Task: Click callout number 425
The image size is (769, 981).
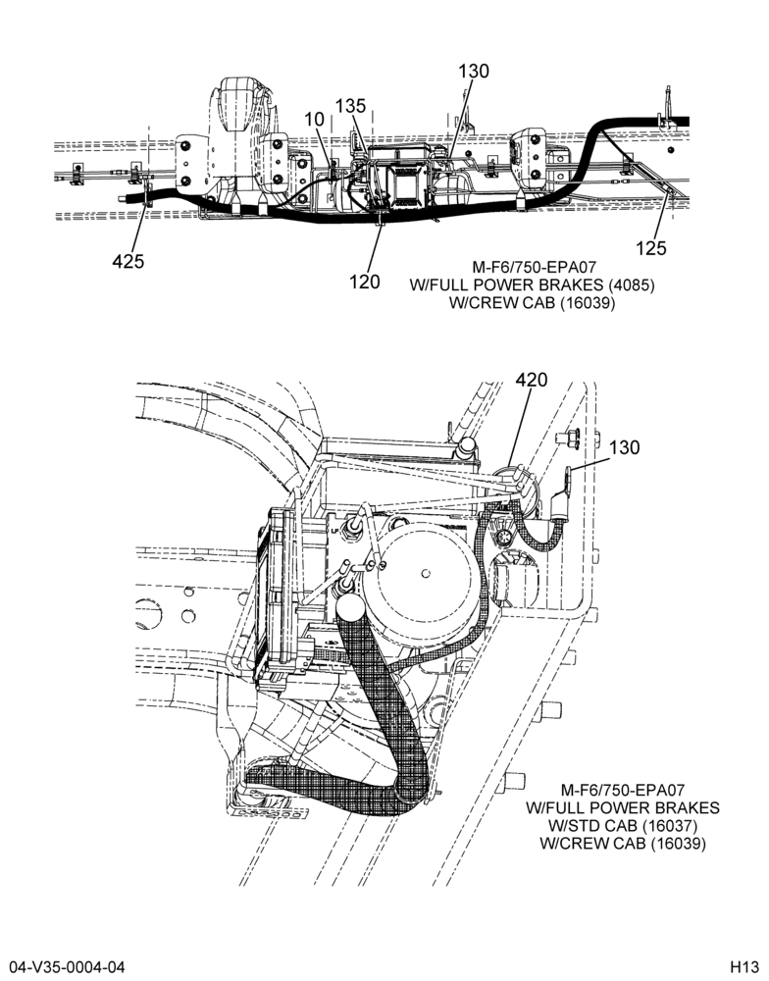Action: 128,260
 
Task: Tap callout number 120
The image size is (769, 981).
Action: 365,282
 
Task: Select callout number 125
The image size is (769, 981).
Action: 651,248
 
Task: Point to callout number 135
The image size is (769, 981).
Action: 350,106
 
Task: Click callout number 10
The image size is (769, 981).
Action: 316,119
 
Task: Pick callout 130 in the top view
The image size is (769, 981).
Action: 474,72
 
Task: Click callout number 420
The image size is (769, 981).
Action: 532,380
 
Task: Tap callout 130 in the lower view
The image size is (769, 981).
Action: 625,447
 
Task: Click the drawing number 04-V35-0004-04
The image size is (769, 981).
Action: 65,967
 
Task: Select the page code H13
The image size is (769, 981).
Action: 744,967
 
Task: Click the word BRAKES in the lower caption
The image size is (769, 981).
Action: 686,807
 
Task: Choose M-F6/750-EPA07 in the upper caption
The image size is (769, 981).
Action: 531,268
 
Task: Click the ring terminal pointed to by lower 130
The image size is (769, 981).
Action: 568,480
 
